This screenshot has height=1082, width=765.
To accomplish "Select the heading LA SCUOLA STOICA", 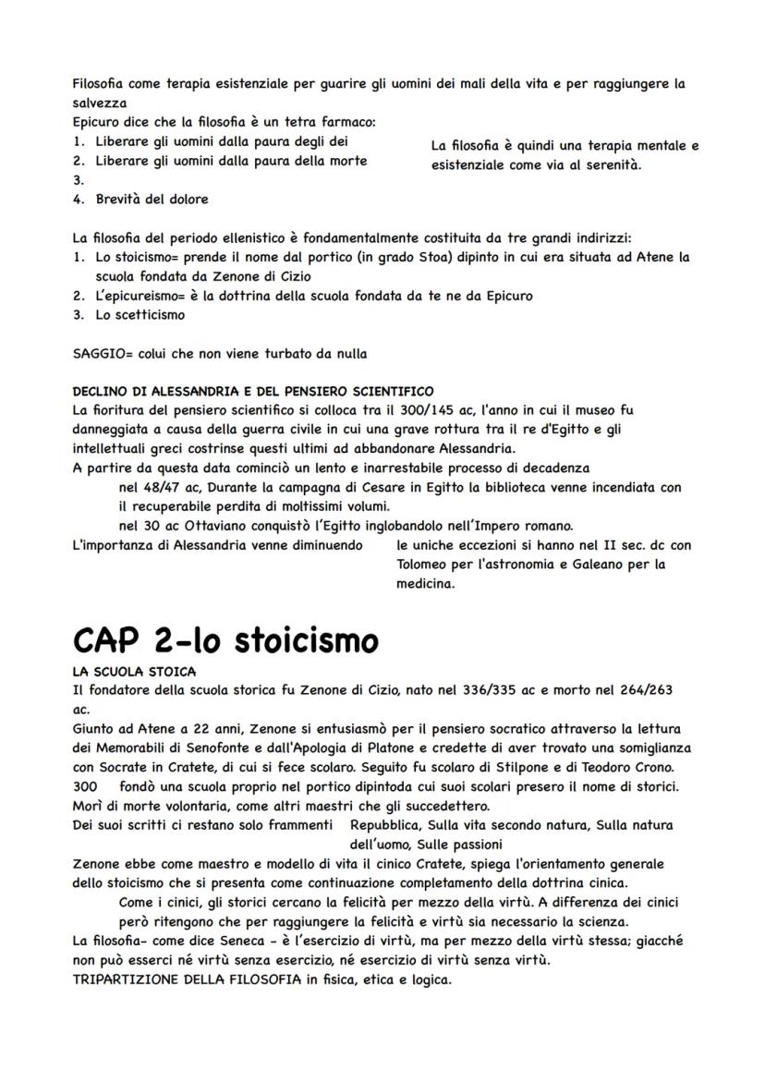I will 134,671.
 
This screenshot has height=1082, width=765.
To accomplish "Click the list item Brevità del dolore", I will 152,199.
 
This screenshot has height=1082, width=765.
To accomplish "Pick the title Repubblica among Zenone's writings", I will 388,824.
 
